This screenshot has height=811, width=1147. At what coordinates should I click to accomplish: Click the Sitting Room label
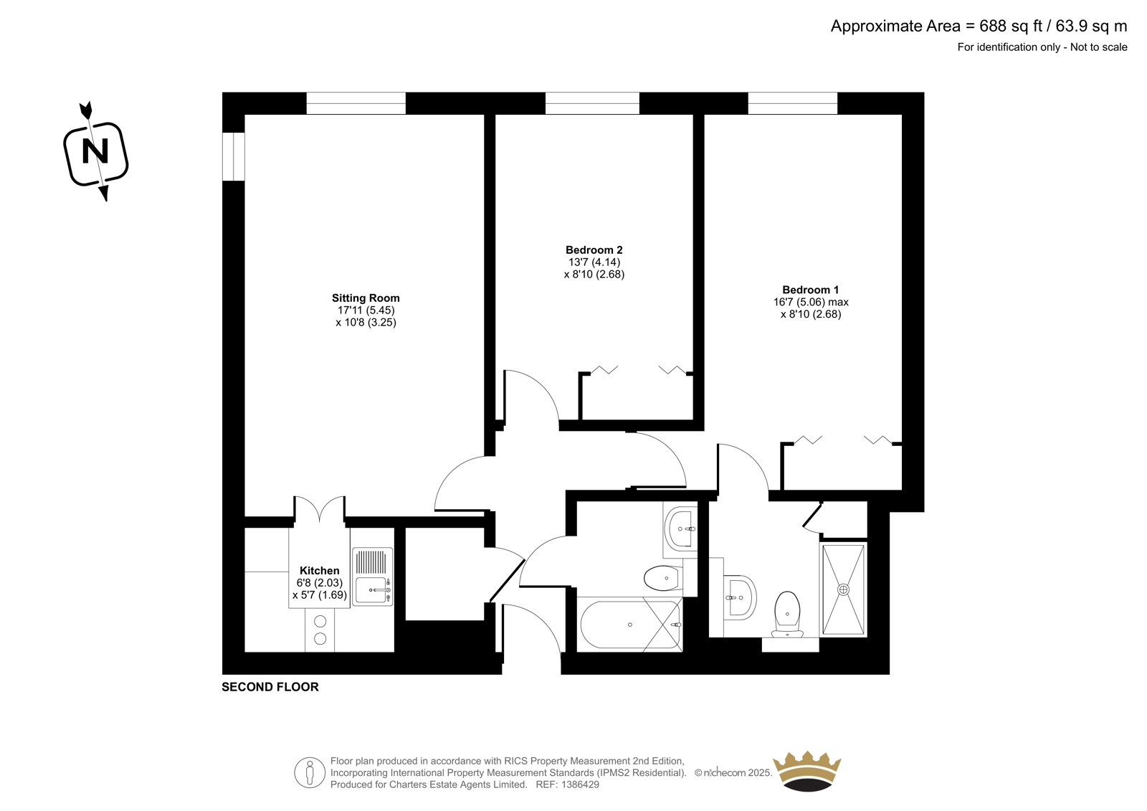point(366,298)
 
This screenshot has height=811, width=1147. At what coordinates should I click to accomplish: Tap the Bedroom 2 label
point(594,250)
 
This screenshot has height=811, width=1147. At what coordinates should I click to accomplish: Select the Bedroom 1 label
point(811,290)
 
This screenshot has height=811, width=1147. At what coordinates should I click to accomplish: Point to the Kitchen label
point(320,570)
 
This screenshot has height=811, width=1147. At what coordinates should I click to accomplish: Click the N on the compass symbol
point(96,151)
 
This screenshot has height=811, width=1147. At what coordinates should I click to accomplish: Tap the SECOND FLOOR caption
point(270,687)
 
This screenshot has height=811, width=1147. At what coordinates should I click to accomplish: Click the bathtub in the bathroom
point(630,625)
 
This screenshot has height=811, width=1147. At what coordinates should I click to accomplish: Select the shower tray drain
point(843,589)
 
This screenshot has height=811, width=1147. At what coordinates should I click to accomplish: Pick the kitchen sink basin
point(373,590)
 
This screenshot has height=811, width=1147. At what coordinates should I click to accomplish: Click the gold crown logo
point(807,772)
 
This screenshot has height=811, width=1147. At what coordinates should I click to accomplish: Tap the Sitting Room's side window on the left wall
point(234,157)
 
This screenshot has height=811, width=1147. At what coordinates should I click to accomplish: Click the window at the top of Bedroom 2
point(592,103)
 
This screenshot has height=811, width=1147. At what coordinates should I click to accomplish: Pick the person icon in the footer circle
point(309,772)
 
